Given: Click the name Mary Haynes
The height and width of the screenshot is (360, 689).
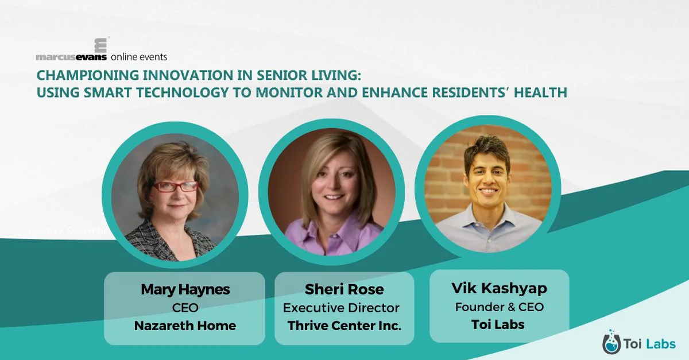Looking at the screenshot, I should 185,289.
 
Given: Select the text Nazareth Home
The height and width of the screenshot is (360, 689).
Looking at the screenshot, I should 185,326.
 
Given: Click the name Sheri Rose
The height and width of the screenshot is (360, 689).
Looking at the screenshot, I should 344,289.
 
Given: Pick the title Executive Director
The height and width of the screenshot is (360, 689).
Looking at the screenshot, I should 341,308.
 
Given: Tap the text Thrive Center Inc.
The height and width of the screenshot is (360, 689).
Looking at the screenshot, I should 344,326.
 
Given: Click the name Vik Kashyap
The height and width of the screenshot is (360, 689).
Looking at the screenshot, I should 499,288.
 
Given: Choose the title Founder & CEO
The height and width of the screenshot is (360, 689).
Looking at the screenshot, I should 499,307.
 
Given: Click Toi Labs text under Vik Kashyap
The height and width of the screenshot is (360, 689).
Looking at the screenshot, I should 499,325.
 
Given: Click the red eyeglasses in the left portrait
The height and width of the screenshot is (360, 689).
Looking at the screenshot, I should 176,186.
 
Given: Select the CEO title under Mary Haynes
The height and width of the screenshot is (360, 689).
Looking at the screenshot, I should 185,308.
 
